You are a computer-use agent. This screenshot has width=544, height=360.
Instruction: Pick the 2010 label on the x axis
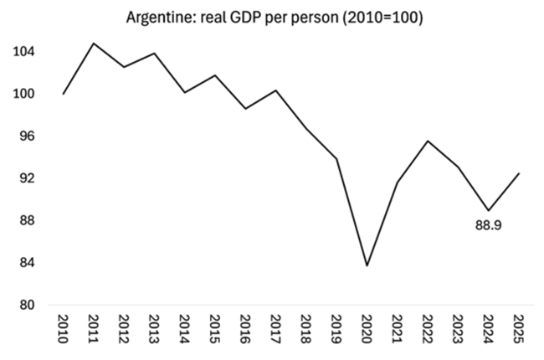(x=64, y=330)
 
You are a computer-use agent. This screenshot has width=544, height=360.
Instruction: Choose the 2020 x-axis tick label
(x=366, y=330)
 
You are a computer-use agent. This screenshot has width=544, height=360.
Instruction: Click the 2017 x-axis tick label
(x=275, y=330)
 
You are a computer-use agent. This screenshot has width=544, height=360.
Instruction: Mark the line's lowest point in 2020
(x=366, y=265)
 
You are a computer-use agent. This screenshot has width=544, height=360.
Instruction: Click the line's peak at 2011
(x=94, y=43)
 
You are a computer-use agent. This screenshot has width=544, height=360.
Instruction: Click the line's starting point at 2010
(x=64, y=94)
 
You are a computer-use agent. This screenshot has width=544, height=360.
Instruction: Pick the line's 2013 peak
(x=154, y=54)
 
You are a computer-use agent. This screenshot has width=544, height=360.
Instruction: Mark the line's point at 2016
(x=244, y=109)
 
